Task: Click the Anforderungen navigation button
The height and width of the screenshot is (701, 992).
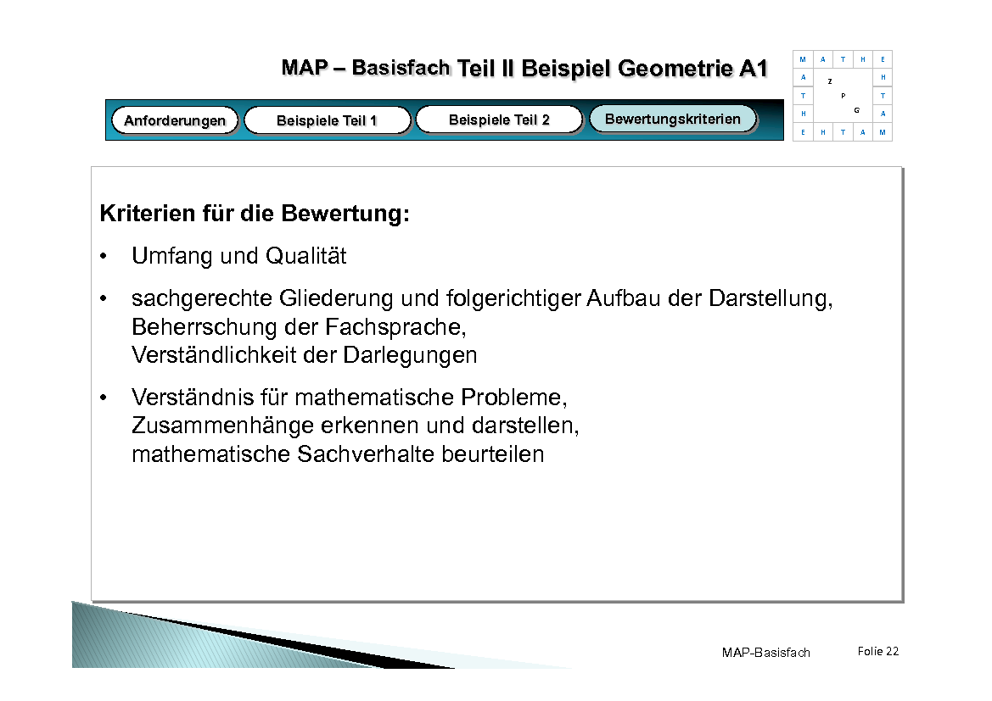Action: (175, 120)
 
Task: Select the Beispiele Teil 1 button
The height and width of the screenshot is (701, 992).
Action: (327, 120)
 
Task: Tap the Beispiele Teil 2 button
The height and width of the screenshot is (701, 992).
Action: (499, 120)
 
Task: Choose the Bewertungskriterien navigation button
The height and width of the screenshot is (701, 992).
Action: (672, 119)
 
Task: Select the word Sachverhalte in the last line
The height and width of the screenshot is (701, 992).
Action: (367, 454)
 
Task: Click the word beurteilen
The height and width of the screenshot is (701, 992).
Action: (493, 454)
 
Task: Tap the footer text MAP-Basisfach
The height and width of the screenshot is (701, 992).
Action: (765, 653)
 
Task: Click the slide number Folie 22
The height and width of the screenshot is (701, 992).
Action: (877, 651)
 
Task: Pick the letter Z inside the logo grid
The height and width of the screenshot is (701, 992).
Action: (829, 81)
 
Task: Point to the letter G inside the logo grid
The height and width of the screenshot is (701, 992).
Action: (857, 111)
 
